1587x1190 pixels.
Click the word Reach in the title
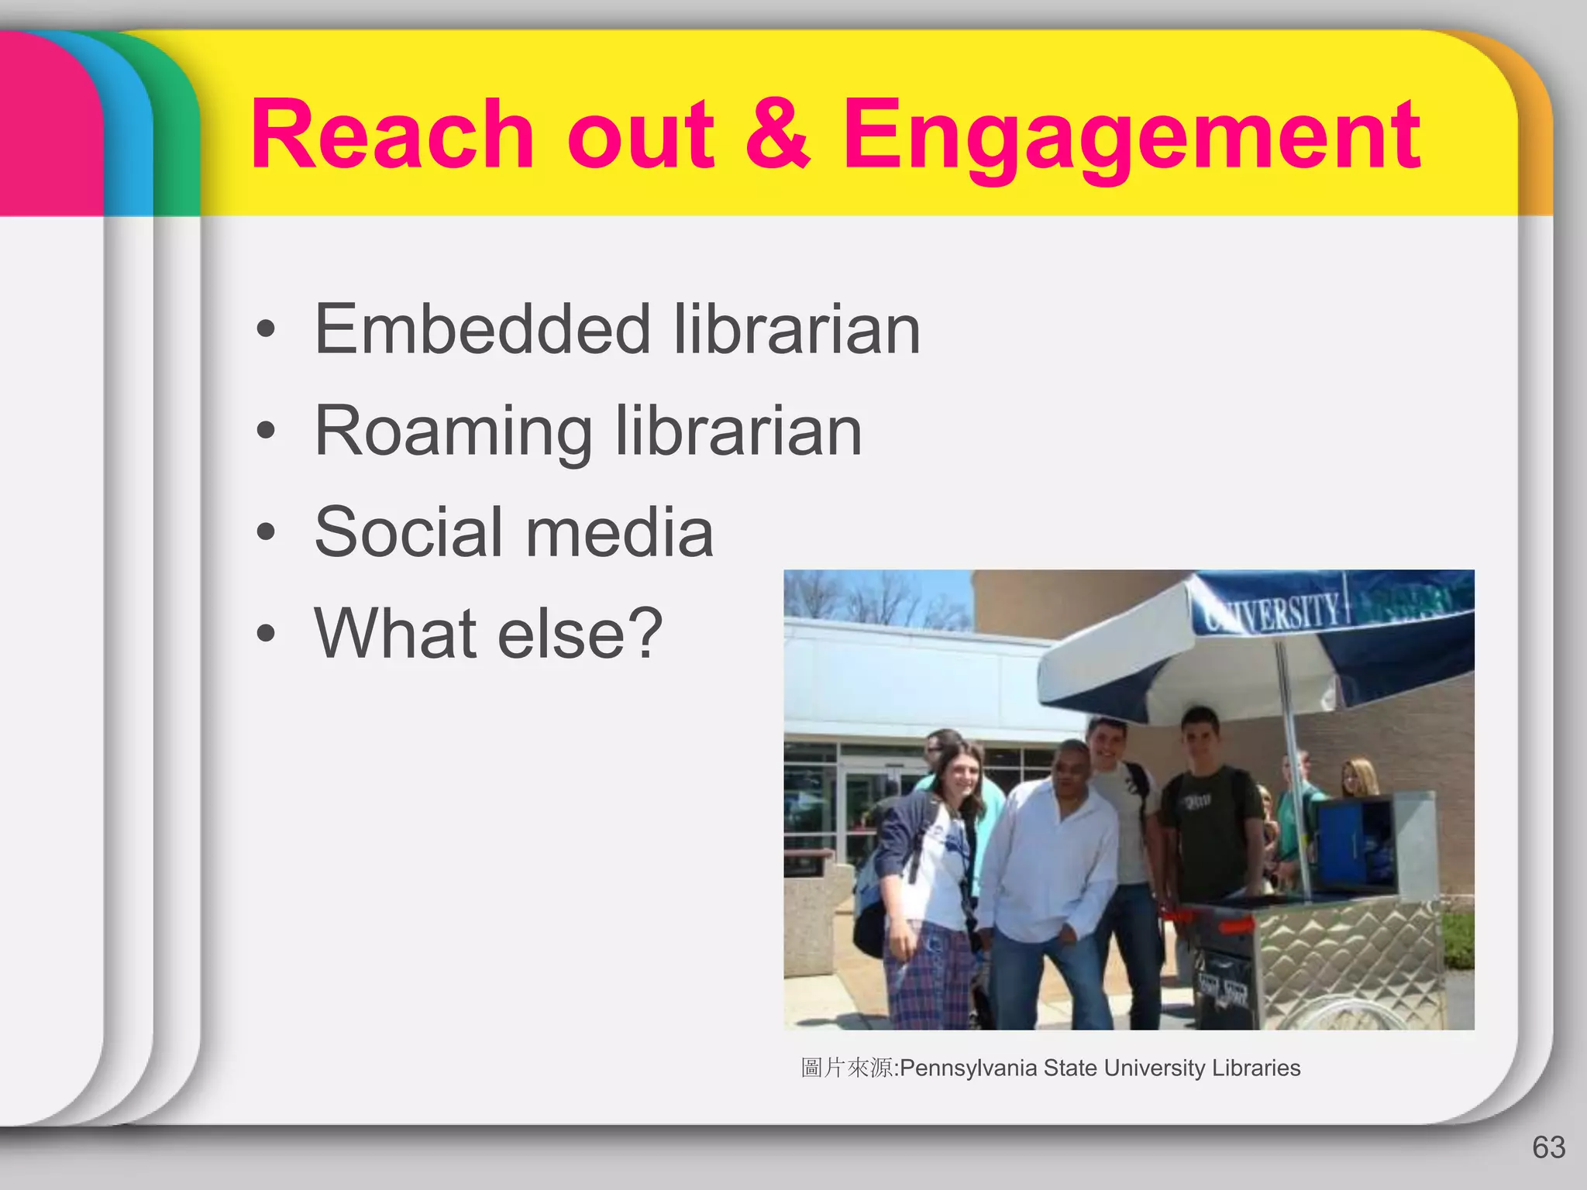pyautogui.click(x=392, y=136)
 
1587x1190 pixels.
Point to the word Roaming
pyautogui.click(x=453, y=432)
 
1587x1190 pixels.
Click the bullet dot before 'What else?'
pyautogui.click(x=266, y=634)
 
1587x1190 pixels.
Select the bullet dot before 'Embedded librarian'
pyautogui.click(x=266, y=329)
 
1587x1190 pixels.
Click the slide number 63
pyautogui.click(x=1548, y=1147)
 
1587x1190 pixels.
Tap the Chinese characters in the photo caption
pyautogui.click(x=847, y=1068)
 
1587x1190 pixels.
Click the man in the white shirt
pyautogui.click(x=1050, y=852)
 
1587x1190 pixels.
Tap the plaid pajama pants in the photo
pyautogui.click(x=930, y=976)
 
